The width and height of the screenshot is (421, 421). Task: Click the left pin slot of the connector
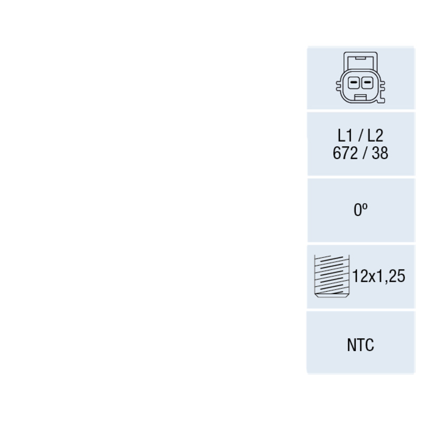[x=354, y=83]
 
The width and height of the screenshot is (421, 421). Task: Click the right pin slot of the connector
[x=367, y=83]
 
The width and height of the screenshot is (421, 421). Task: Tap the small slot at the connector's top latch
[x=360, y=58]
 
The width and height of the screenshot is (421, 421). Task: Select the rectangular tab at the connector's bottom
[x=360, y=97]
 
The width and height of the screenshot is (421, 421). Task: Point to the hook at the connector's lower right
[x=381, y=101]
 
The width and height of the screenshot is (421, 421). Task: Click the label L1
[x=345, y=136]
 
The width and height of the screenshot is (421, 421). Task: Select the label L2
[x=375, y=136]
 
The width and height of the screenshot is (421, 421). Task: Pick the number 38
[x=380, y=153]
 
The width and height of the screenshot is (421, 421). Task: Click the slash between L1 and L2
[x=360, y=136]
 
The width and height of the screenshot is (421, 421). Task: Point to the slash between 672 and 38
[x=365, y=153]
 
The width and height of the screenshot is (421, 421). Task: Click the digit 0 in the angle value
[x=357, y=210]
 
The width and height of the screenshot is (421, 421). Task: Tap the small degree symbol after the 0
[x=365, y=207]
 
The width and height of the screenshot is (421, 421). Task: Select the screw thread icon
[x=332, y=276]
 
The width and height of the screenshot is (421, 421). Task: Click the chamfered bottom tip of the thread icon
[x=332, y=296]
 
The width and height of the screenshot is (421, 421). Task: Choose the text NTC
[x=360, y=345]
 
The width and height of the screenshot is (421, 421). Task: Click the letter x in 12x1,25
[x=372, y=278]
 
